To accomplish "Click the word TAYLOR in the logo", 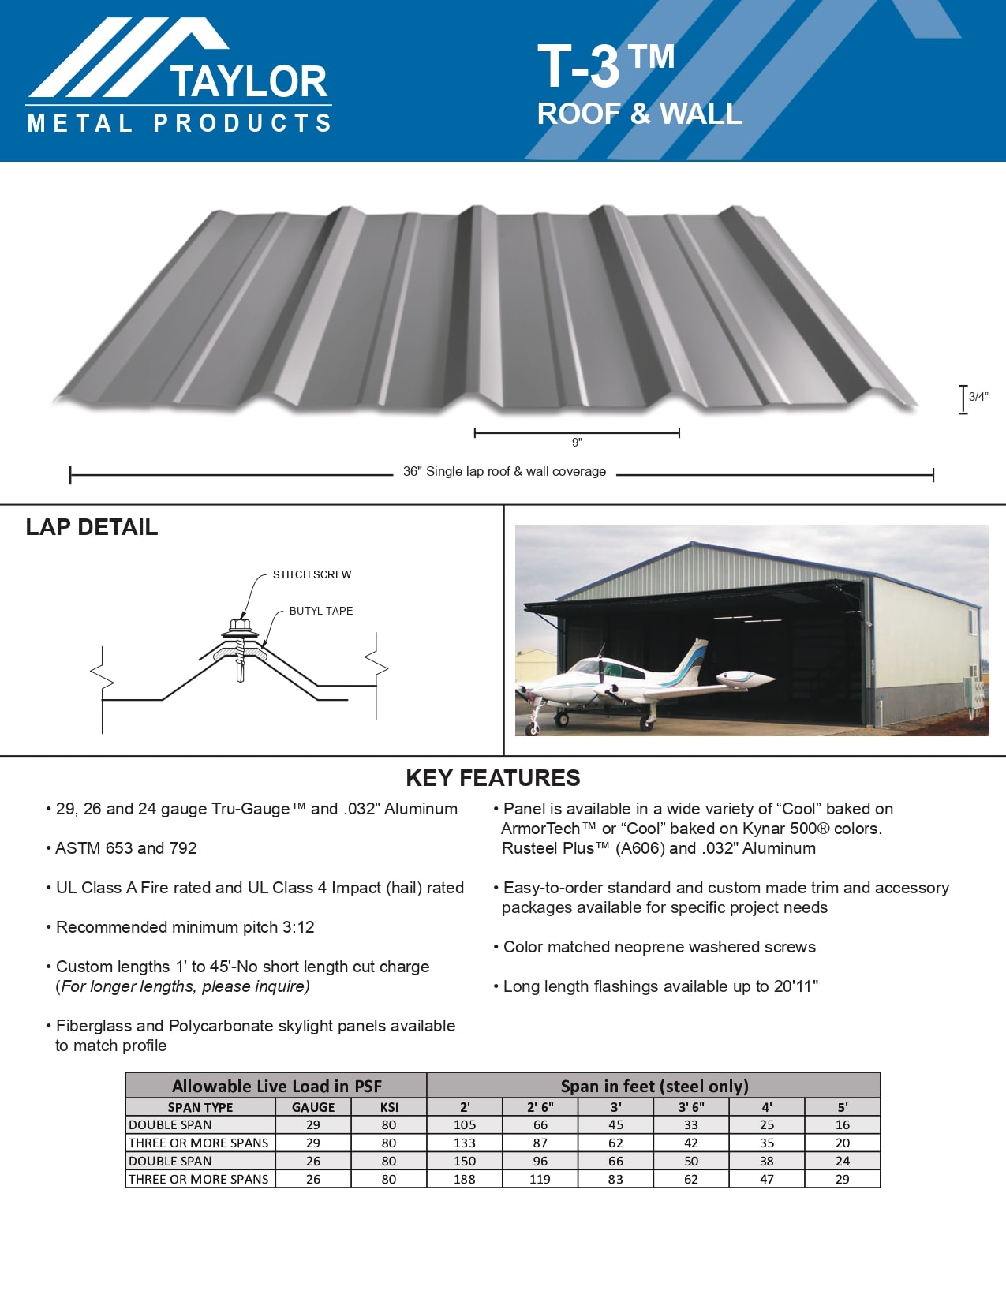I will click(x=248, y=81).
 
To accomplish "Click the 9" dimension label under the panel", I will click(x=577, y=443).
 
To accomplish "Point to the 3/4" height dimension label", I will click(x=978, y=397).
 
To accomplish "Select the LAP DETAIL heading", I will click(x=92, y=527).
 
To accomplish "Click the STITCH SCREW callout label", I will click(x=312, y=574).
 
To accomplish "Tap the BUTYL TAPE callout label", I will click(x=320, y=611).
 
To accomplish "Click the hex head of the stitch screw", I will click(x=240, y=627).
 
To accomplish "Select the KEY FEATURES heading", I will click(x=492, y=778).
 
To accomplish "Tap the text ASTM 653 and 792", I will click(x=126, y=848).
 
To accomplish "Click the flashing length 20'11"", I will click(x=793, y=986).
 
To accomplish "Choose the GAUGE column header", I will click(x=313, y=1107).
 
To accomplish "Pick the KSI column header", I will click(x=389, y=1107).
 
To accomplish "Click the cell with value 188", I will click(x=465, y=1179).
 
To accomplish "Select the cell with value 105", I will click(x=465, y=1124).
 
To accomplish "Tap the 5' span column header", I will click(x=842, y=1107).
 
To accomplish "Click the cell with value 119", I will click(x=540, y=1179).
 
